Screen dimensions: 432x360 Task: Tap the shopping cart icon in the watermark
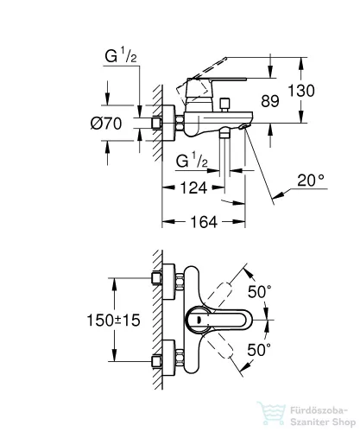click(277, 413)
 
